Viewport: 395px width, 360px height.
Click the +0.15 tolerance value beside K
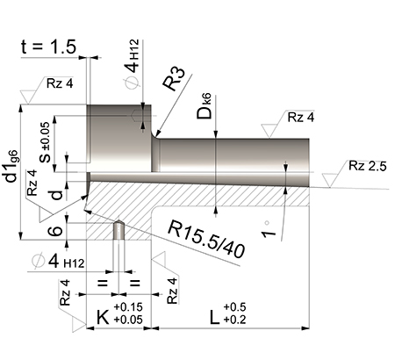click(130, 307)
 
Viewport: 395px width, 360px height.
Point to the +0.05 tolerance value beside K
click(130, 321)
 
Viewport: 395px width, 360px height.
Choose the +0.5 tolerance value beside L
click(235, 306)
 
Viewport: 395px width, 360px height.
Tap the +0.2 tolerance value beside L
click(235, 320)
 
